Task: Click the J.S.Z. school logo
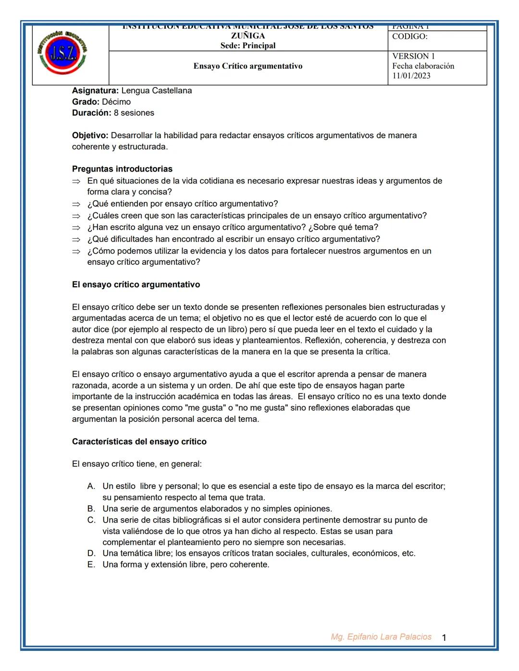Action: point(62,53)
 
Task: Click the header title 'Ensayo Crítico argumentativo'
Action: point(248,66)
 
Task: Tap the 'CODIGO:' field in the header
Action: point(409,37)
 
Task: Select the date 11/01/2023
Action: point(411,76)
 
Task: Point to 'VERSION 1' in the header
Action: point(413,56)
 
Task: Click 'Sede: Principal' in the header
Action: point(248,46)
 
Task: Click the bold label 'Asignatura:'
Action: point(95,91)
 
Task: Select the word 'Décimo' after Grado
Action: point(116,102)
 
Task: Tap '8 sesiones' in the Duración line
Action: point(134,113)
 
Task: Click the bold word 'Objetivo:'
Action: point(90,135)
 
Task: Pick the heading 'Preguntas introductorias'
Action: point(122,169)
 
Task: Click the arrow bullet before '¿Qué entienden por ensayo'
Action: point(76,204)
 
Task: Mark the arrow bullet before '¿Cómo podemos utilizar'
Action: point(76,251)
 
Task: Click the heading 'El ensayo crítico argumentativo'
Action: point(136,285)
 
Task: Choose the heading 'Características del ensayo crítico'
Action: point(139,442)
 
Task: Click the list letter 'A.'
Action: point(91,487)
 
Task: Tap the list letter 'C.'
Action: point(91,520)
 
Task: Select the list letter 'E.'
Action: point(91,565)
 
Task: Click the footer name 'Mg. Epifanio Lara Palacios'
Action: point(381,637)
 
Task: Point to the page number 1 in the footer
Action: point(444,638)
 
